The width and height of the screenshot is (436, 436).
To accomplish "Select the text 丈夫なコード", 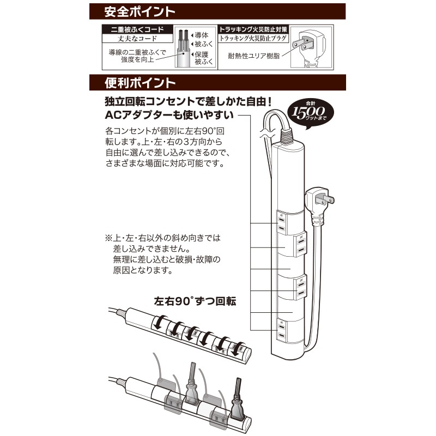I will [136, 39].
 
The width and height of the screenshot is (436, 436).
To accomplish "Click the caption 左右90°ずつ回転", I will [195, 301].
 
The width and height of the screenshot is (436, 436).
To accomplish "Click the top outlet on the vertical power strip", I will [281, 222].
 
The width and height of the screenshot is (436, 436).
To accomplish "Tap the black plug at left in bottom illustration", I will [191, 384].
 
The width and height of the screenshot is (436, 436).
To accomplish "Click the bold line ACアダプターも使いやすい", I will [169, 115].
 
